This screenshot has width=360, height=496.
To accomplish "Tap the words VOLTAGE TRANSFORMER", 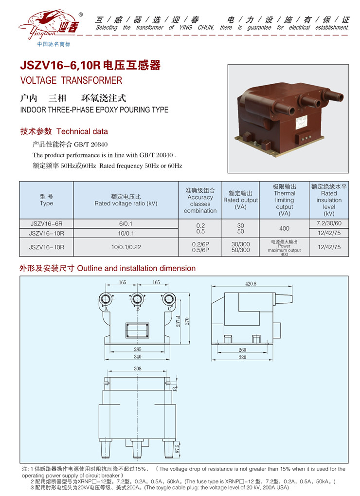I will [x=71, y=80].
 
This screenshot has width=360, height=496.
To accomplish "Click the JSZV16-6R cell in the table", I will [x=46, y=224].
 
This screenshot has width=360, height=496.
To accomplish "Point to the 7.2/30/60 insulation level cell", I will [x=329, y=223].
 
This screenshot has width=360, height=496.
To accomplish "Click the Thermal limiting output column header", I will [x=284, y=200].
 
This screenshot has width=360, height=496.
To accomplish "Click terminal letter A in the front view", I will [x=106, y=309].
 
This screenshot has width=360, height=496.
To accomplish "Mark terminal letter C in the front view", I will [x=169, y=309].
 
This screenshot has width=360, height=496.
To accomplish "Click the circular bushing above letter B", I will [x=138, y=298].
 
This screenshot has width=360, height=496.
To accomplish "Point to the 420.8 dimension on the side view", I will [x=251, y=283].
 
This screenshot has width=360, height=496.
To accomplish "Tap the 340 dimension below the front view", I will [x=138, y=357].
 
